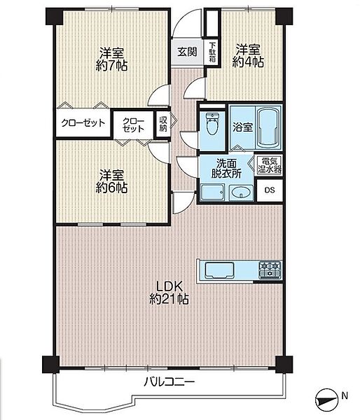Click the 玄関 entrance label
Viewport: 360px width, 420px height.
[x=188, y=52]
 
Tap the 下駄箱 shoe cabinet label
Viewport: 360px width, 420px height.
[x=212, y=52]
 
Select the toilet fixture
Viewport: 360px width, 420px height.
[x=213, y=123]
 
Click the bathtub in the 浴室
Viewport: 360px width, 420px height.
[x=269, y=127]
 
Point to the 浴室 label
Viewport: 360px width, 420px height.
[x=242, y=127]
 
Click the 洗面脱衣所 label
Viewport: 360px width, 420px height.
[x=226, y=168]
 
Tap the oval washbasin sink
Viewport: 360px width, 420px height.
[x=241, y=192]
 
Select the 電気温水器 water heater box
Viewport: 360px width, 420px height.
[x=270, y=165]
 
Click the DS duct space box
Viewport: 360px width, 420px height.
[x=270, y=190]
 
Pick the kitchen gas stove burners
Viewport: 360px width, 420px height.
[x=270, y=269]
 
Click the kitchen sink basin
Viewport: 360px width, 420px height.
[x=219, y=270]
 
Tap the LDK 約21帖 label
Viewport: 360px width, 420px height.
[x=169, y=293]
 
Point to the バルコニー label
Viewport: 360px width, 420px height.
[x=169, y=381]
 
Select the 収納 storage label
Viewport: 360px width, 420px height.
[x=163, y=124]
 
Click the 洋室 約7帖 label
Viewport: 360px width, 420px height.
[x=111, y=59]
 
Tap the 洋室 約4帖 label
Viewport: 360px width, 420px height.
[x=248, y=56]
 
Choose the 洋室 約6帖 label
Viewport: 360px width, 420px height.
[x=111, y=181]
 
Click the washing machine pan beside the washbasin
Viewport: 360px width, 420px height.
[x=213, y=192]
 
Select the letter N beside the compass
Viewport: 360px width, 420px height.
[x=345, y=395]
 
